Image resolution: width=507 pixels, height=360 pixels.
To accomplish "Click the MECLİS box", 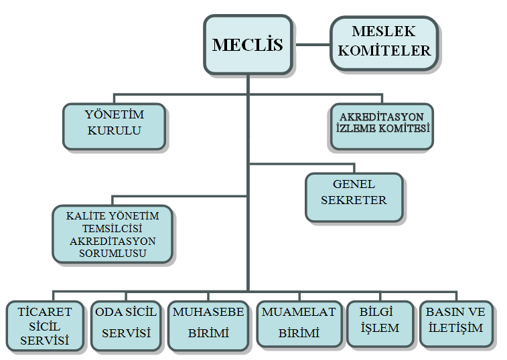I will click(248, 45).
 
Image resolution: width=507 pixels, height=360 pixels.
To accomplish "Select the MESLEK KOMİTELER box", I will click(384, 42).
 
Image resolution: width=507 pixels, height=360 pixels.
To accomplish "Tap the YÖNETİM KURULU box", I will click(114, 126).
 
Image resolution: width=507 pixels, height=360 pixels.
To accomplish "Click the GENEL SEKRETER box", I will click(354, 197).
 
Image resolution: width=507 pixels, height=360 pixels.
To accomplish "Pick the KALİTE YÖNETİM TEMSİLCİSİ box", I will click(112, 234).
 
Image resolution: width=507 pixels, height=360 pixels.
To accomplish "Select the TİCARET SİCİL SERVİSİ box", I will click(45, 326).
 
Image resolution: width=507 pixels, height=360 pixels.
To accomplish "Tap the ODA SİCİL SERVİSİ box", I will click(126, 325).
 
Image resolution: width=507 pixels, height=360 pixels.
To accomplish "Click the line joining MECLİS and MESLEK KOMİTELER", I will click(312, 45).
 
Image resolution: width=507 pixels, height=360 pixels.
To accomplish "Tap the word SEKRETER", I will click(354, 200).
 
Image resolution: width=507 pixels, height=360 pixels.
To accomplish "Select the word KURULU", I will click(115, 130).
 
